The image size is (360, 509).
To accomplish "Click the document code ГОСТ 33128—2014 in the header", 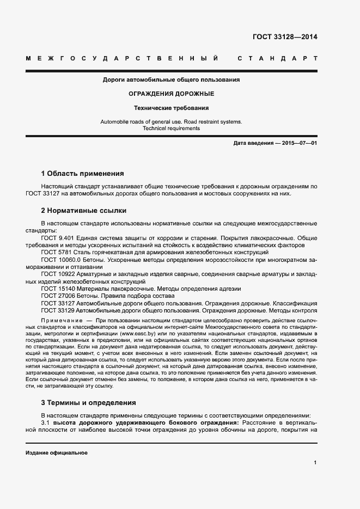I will click(x=285, y=38).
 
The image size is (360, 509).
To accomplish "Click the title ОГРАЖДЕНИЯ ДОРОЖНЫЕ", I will click(x=172, y=94).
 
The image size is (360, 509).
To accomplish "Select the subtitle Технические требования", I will click(x=172, y=108).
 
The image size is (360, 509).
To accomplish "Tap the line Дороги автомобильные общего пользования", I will click(x=172, y=80).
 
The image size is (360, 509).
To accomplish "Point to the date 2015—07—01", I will click(x=299, y=143).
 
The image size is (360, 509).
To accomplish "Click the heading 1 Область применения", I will click(x=82, y=174).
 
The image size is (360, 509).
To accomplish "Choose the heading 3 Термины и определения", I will click(x=88, y=403).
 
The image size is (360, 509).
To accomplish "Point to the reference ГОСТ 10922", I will click(x=58, y=274).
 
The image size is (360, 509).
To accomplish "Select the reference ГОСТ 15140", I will click(x=58, y=289).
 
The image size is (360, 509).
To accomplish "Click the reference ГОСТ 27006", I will click(x=58, y=296).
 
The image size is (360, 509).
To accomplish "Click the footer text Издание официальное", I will click(x=57, y=453).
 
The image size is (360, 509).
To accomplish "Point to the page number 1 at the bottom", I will click(x=315, y=463).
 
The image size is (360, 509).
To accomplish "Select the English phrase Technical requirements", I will click(x=172, y=128).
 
